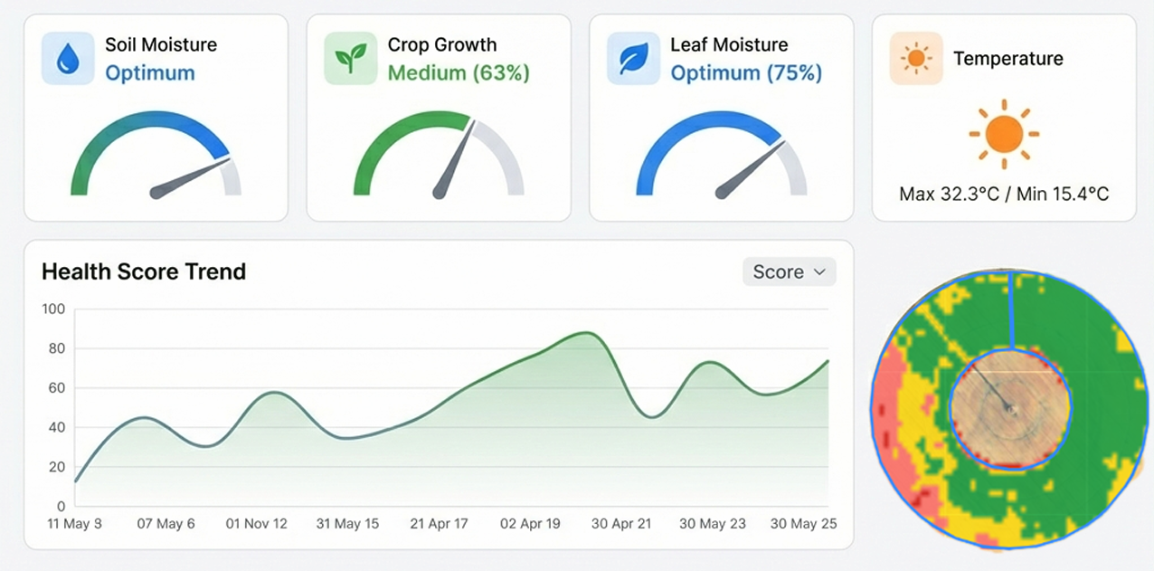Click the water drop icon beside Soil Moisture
68,59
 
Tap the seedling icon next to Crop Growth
350,59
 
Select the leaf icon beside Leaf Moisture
633,59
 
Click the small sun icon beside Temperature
916,59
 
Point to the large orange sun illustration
1004,134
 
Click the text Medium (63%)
459,73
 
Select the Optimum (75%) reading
746,73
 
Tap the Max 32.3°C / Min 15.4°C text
1004,194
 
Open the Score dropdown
790,271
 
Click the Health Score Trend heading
144,271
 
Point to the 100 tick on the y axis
54,309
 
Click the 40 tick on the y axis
56,428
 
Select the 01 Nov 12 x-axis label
257,524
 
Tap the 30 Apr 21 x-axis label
621,524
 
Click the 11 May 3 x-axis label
75,524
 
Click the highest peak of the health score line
586,333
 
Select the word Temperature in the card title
1007,59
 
